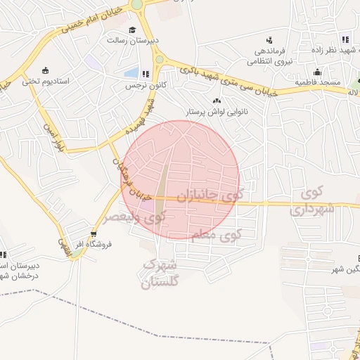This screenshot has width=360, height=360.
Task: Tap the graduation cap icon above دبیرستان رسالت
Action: [x=133, y=30]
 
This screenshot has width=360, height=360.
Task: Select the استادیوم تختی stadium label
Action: [x=45, y=81]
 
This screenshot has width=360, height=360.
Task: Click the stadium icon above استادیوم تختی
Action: [x=46, y=70]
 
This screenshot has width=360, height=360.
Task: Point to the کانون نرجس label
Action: [x=139, y=85]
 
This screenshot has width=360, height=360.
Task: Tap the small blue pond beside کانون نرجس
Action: [x=131, y=72]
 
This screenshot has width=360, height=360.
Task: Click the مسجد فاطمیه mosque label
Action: [x=319, y=82]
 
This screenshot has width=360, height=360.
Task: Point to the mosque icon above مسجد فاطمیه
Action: [x=318, y=72]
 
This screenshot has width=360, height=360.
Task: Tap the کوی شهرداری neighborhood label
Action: [x=314, y=201]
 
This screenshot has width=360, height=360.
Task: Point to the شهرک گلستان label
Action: [x=160, y=274]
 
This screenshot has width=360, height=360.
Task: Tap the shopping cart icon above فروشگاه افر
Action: [x=94, y=234]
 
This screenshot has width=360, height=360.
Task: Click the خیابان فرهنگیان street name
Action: [x=134, y=186]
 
